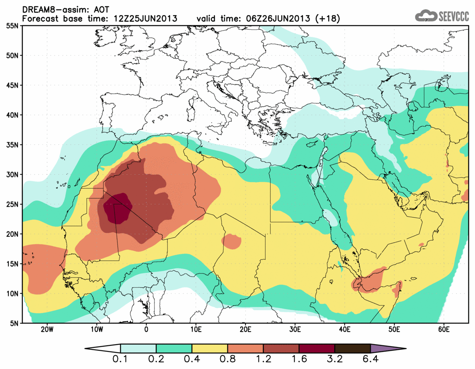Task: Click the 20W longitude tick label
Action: pyautogui.click(x=47, y=329)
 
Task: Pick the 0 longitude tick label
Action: pyautogui.click(x=146, y=329)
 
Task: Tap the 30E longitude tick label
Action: pyautogui.click(x=295, y=329)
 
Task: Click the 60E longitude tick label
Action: pyautogui.click(x=444, y=329)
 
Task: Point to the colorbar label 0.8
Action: pyautogui.click(x=228, y=360)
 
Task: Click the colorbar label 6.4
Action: pyautogui.click(x=370, y=360)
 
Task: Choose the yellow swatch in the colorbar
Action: pyautogui.click(x=210, y=349)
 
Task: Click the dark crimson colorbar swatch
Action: pyautogui.click(x=317, y=349)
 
